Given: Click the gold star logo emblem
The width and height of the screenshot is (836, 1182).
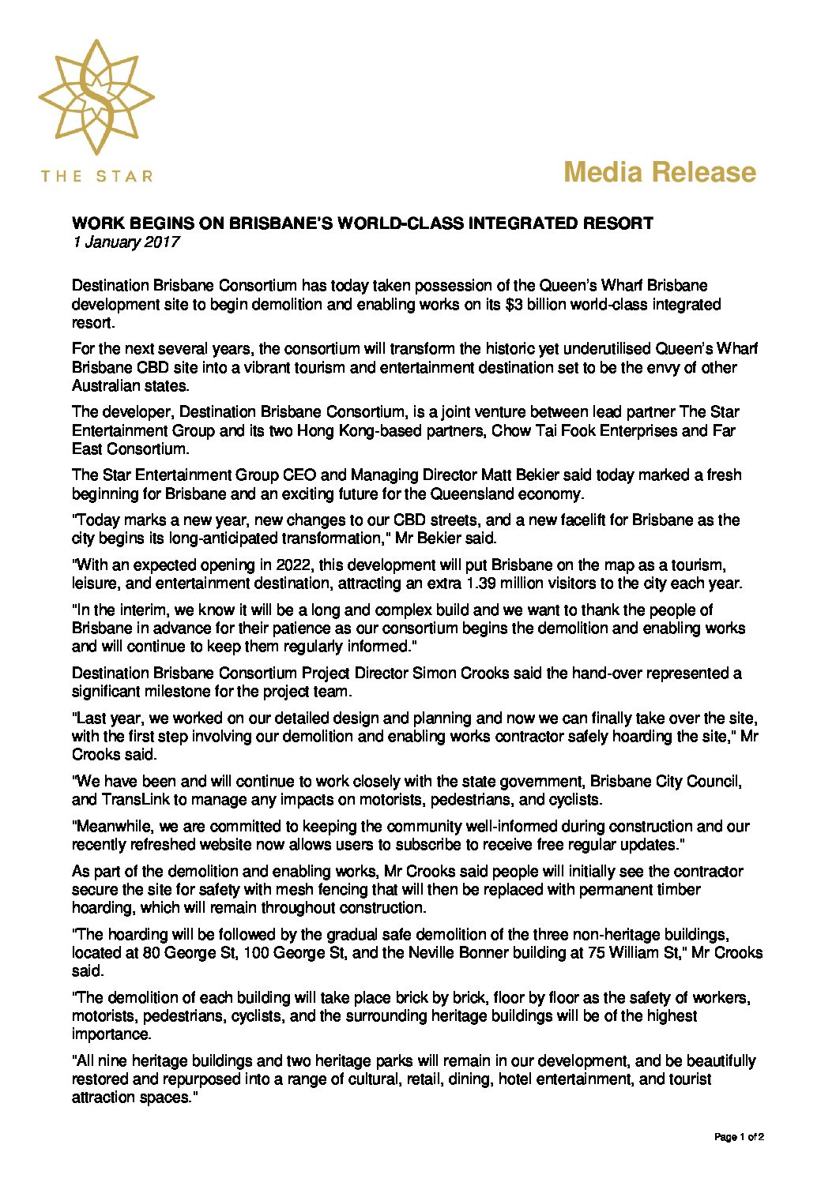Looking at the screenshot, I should [x=96, y=97].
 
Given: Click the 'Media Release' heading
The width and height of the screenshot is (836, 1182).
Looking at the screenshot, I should [x=660, y=172].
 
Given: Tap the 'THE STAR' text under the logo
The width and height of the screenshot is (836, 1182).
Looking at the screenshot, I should [x=96, y=176].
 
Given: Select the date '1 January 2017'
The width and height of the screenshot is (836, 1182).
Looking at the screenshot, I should [x=126, y=242].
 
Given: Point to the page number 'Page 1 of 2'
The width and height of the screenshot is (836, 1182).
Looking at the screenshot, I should [x=739, y=1138].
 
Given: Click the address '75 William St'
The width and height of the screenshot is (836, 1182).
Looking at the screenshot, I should [x=634, y=953].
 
